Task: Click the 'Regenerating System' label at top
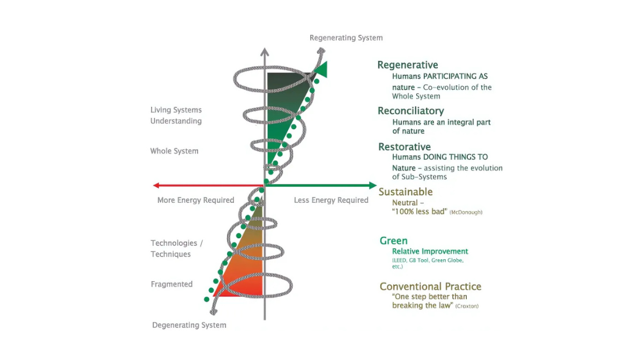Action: point(346,38)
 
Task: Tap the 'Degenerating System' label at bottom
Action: point(189,326)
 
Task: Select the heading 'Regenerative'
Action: point(407,65)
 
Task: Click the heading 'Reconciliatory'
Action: point(410,111)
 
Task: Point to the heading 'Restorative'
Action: point(404,147)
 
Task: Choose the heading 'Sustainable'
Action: point(406,192)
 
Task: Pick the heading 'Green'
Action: point(394,241)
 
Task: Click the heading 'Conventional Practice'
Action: point(430,286)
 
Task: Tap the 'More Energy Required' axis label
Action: point(196,200)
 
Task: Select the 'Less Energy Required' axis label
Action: point(331,200)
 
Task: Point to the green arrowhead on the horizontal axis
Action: point(373,186)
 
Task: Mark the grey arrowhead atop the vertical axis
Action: point(265,52)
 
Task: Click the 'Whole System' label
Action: point(174,151)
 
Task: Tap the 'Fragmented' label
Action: point(172,284)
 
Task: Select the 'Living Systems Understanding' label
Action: point(176,116)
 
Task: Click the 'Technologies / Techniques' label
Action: point(177,249)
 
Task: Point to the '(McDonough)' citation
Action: point(466,212)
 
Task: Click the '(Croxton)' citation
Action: point(467,306)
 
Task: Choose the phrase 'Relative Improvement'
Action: point(430,251)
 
